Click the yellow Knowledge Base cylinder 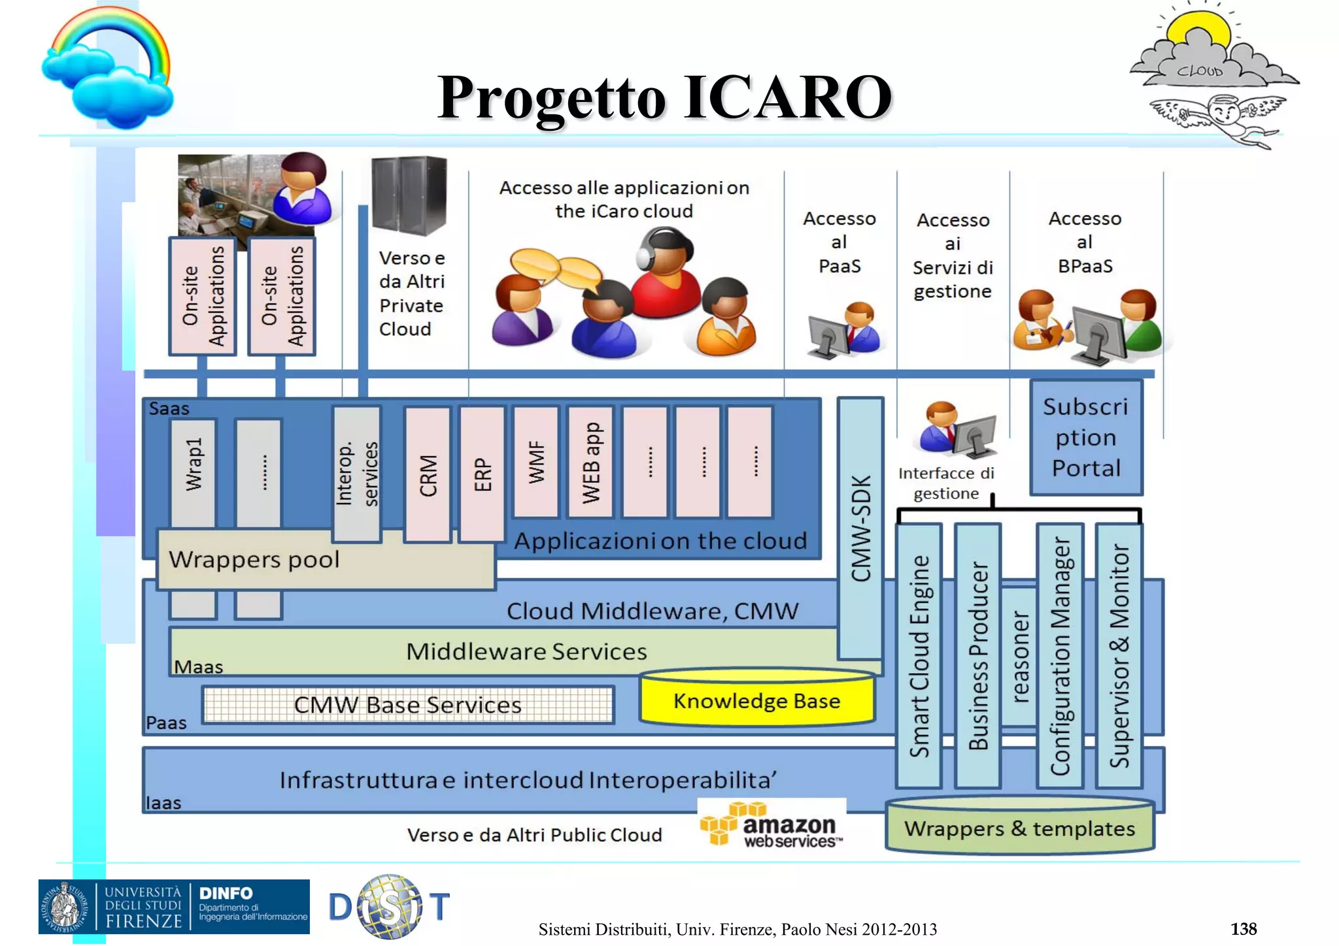[x=757, y=700]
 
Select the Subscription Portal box [x=1086, y=438]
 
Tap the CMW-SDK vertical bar [x=860, y=528]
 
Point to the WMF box [x=536, y=463]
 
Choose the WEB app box [x=590, y=463]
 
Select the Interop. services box [x=356, y=474]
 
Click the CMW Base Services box [x=407, y=705]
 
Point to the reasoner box [x=1019, y=656]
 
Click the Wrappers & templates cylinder [x=1019, y=828]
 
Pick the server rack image [x=409, y=196]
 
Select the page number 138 [x=1243, y=928]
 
